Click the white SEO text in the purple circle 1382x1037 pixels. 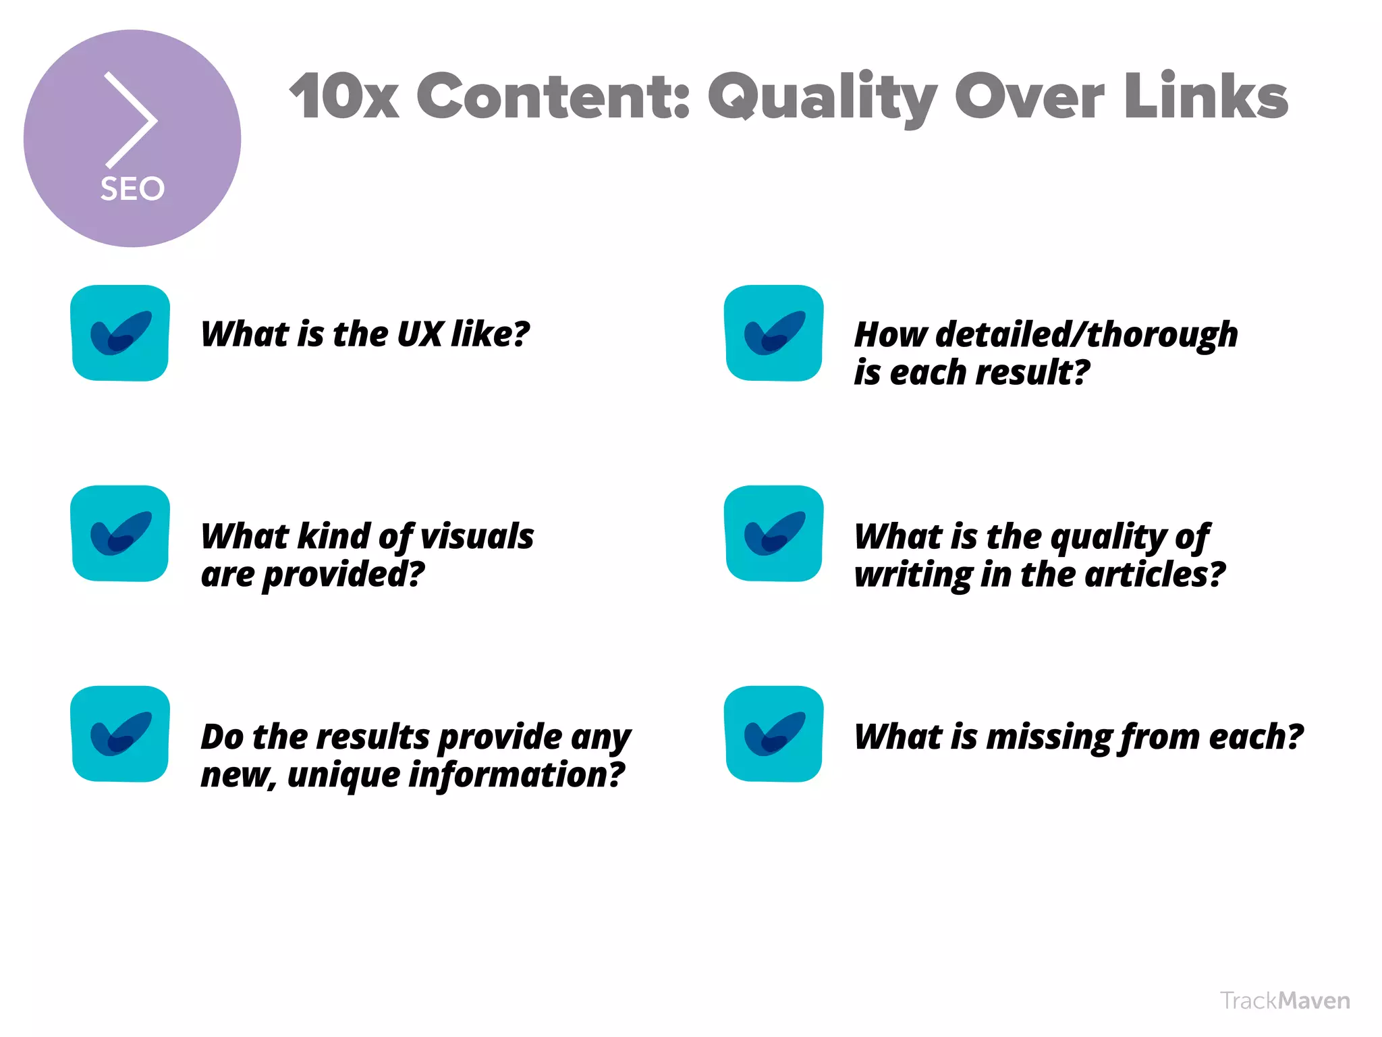click(x=132, y=188)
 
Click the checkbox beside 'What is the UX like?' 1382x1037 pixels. click(x=120, y=333)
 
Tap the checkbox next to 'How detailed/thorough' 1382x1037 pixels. click(x=773, y=333)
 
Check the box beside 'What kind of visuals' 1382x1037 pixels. click(x=120, y=533)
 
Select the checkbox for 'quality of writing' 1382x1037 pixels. click(x=773, y=533)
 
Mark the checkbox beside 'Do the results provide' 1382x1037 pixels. click(x=120, y=734)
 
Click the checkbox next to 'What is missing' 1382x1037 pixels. click(x=773, y=734)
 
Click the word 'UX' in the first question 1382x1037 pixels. click(x=420, y=334)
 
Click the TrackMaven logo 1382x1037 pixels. click(x=1285, y=1001)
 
